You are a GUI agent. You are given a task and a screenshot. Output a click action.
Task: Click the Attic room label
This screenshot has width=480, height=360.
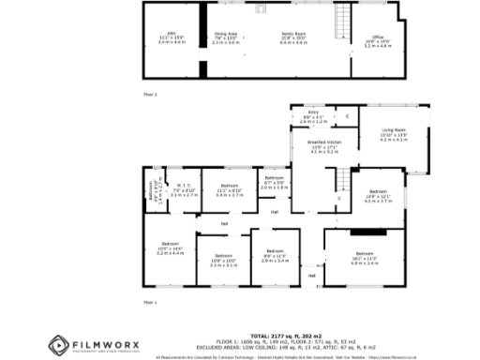(x=167, y=37)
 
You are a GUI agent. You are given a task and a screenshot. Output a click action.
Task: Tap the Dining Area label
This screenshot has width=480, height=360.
(x=226, y=37)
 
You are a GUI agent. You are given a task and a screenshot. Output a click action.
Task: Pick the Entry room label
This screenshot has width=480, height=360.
(x=313, y=116)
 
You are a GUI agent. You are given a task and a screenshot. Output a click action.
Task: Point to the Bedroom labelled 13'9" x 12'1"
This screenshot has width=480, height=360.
(x=377, y=195)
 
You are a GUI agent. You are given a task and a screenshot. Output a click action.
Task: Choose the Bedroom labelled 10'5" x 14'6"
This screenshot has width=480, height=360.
(x=169, y=247)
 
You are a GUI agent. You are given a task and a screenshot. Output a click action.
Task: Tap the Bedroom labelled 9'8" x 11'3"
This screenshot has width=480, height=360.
(x=275, y=255)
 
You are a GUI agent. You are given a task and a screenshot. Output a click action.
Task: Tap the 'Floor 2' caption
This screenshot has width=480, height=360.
(x=150, y=95)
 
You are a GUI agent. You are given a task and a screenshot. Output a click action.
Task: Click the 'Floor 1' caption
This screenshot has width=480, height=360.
(x=150, y=303)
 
